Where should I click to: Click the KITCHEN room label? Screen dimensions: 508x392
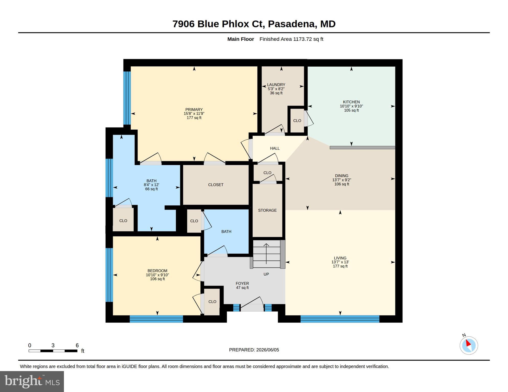point(351,102)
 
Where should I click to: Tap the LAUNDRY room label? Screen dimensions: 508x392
point(276,85)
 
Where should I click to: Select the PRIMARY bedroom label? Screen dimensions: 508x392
point(194,109)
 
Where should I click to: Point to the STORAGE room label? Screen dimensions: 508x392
point(267,210)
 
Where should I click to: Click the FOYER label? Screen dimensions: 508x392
point(242,283)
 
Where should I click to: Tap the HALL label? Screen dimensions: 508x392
point(275,148)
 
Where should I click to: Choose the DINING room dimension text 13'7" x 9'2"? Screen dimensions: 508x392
point(342,180)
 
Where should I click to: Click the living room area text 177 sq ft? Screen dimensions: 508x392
point(340,266)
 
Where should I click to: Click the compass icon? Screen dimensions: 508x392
point(469,345)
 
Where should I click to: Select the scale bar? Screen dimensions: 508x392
point(53,351)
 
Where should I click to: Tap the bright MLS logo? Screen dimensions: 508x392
point(32,381)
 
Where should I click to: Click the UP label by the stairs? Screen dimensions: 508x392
point(266,274)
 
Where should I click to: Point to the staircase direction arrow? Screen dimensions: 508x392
point(266,254)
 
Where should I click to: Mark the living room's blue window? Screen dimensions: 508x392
point(340,319)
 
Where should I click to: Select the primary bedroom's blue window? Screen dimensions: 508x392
point(127,98)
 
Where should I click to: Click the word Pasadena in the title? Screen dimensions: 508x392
point(291,24)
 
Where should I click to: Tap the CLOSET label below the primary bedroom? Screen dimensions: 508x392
point(216,185)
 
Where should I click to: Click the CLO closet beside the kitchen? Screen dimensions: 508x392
point(297,120)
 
